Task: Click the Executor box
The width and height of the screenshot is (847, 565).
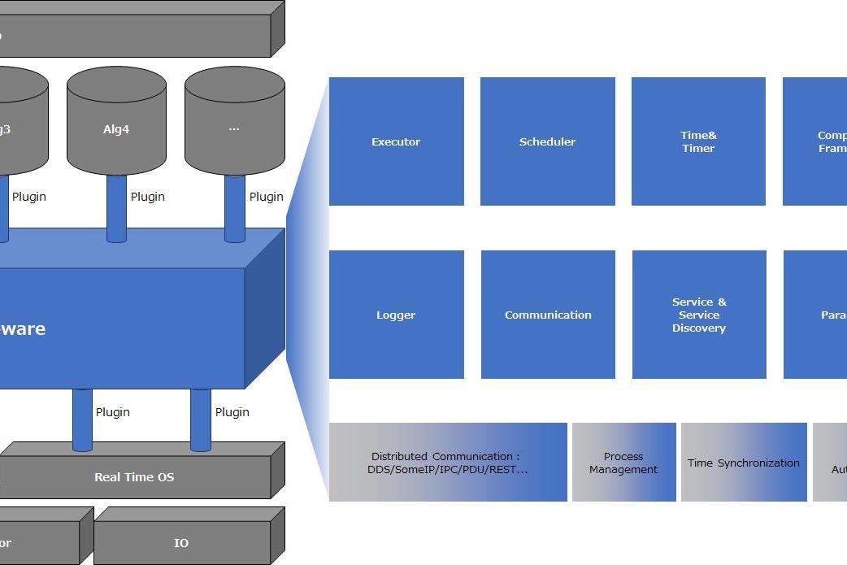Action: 396,141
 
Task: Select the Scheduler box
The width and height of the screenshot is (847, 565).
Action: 547,141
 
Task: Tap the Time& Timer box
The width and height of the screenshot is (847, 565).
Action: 698,141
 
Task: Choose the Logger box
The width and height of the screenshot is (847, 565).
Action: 396,315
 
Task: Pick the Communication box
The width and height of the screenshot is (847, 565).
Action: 548,315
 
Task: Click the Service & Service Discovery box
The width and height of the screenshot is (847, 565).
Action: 699,315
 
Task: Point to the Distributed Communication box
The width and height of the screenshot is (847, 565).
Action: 447,462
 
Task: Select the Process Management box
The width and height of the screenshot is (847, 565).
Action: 623,463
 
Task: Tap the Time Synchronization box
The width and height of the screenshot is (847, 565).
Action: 744,463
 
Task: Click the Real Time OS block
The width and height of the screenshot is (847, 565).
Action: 134,477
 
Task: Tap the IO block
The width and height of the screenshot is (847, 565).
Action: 181,542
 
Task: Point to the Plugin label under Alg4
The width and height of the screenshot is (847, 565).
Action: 148,197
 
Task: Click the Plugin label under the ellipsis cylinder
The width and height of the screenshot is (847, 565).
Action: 267,197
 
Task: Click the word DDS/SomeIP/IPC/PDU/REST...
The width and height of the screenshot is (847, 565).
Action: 447,469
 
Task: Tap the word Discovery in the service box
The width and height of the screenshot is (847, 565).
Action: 699,328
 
